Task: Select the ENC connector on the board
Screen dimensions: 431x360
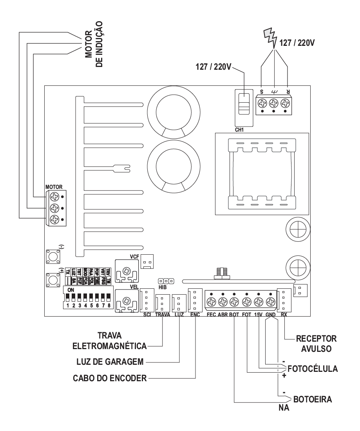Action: coord(195,299)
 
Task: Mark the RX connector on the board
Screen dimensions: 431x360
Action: coord(283,299)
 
